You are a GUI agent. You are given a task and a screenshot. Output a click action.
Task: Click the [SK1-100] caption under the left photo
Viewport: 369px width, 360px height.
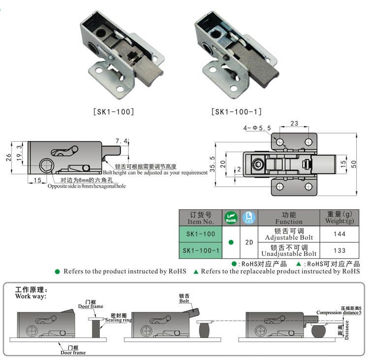pyautogui.click(x=113, y=112)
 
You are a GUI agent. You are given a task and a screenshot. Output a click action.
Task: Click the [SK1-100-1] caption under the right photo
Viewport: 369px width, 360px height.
pyautogui.click(x=236, y=112)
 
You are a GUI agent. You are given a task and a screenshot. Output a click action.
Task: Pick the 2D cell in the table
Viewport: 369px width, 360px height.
pyautogui.click(x=248, y=242)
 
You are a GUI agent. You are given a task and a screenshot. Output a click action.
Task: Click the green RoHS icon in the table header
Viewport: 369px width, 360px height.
pyautogui.click(x=231, y=218)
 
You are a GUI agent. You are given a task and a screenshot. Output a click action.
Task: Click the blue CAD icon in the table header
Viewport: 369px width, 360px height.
pyautogui.click(x=248, y=218)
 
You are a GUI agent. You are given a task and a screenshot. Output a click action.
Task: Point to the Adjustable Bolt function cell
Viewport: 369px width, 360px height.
pyautogui.click(x=289, y=234)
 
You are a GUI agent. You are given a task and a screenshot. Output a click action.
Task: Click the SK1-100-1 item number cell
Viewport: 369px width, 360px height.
pyautogui.click(x=200, y=250)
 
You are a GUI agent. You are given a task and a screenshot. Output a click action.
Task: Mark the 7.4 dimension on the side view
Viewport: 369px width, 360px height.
pyautogui.click(x=122, y=141)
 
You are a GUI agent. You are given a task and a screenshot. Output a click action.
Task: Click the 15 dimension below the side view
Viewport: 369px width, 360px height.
pyautogui.click(x=38, y=180)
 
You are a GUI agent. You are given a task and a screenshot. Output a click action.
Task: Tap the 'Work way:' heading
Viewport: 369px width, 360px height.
pyautogui.click(x=31, y=296)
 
